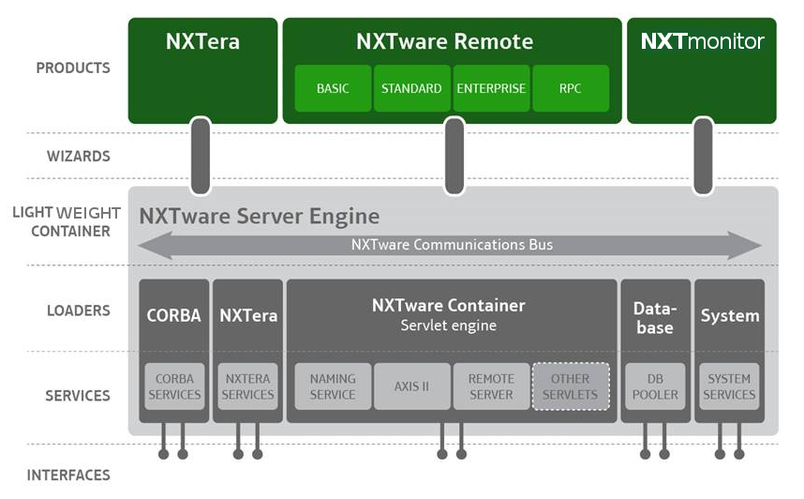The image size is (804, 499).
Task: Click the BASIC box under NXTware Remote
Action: [x=333, y=88]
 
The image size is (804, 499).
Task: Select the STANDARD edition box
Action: [x=411, y=88]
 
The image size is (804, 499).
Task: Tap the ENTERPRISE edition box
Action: [x=491, y=88]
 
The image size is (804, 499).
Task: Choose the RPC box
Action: [x=571, y=88]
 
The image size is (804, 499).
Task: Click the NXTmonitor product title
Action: [x=702, y=41]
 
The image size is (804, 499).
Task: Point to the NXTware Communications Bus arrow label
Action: [x=452, y=245]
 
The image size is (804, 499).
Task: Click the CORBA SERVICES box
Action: [x=174, y=386]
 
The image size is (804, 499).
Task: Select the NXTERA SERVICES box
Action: [x=247, y=386]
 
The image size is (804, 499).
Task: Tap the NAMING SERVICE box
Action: [x=333, y=386]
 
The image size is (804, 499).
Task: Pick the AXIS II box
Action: [x=411, y=386]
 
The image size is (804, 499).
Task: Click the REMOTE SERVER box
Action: [x=491, y=386]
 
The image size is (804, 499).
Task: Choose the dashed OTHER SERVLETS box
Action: [x=571, y=386]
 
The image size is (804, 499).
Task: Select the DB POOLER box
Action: [x=655, y=386]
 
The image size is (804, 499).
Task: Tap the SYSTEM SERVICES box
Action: [x=729, y=386]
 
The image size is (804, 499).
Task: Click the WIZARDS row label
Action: [x=79, y=156]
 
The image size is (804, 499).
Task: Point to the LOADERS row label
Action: [x=79, y=310]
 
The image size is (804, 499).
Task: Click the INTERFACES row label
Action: [x=68, y=476]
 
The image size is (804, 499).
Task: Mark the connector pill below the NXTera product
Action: [x=201, y=156]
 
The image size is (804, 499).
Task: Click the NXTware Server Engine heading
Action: [x=260, y=216]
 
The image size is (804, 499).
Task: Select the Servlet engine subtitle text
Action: [x=449, y=325]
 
